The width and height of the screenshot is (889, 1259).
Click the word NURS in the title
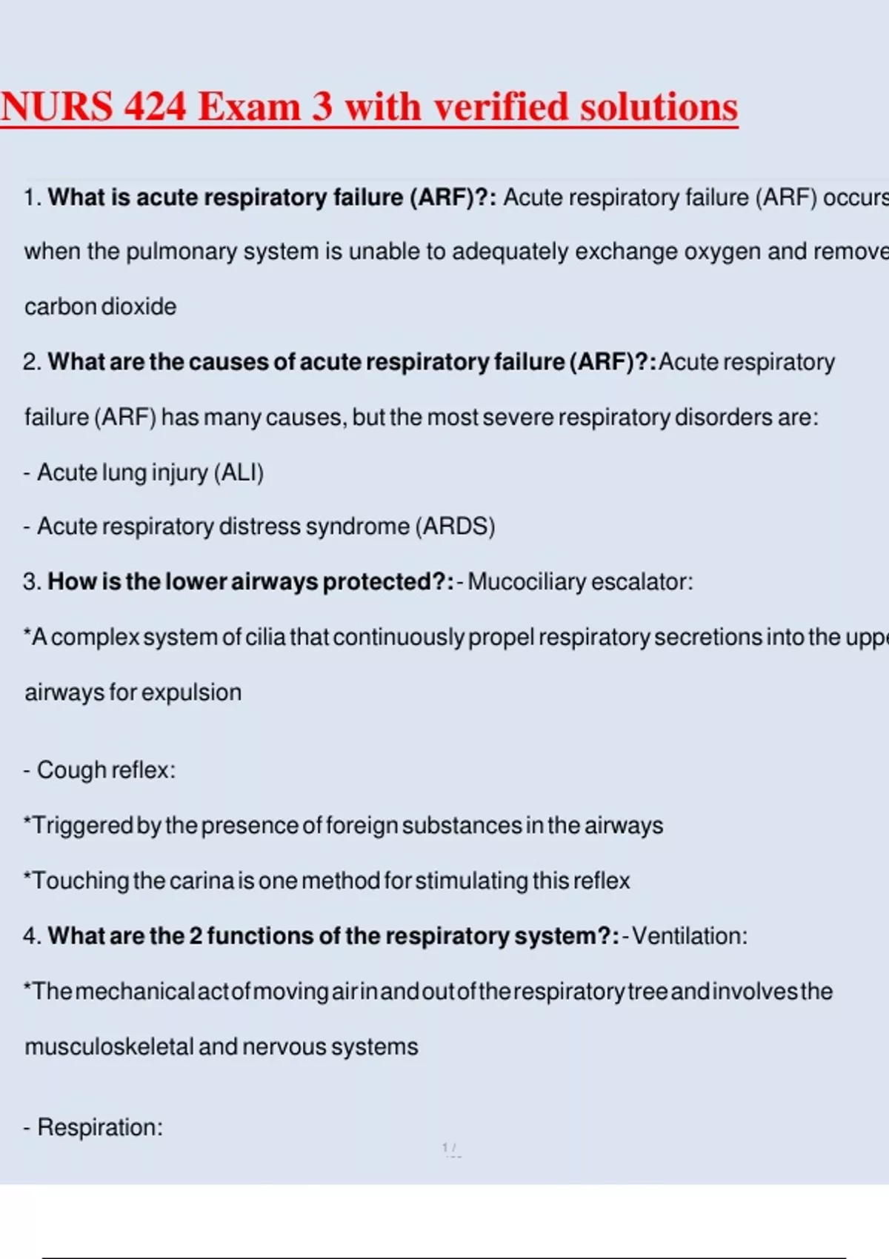pyautogui.click(x=57, y=107)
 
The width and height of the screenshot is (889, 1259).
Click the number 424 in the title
pyautogui.click(x=155, y=107)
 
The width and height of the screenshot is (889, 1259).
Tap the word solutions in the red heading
pyautogui.click(x=659, y=107)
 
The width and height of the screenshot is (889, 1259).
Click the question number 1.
pyautogui.click(x=30, y=198)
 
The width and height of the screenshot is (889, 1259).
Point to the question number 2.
pyautogui.click(x=30, y=362)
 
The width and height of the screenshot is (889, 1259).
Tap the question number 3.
pyautogui.click(x=30, y=582)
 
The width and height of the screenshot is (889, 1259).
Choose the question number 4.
pyautogui.click(x=30, y=936)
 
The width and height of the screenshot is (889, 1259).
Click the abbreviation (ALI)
pyautogui.click(x=239, y=472)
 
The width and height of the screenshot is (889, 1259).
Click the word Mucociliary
pyautogui.click(x=527, y=582)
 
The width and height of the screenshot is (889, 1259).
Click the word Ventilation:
pyautogui.click(x=690, y=936)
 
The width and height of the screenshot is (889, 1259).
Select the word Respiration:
pyautogui.click(x=100, y=1127)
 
